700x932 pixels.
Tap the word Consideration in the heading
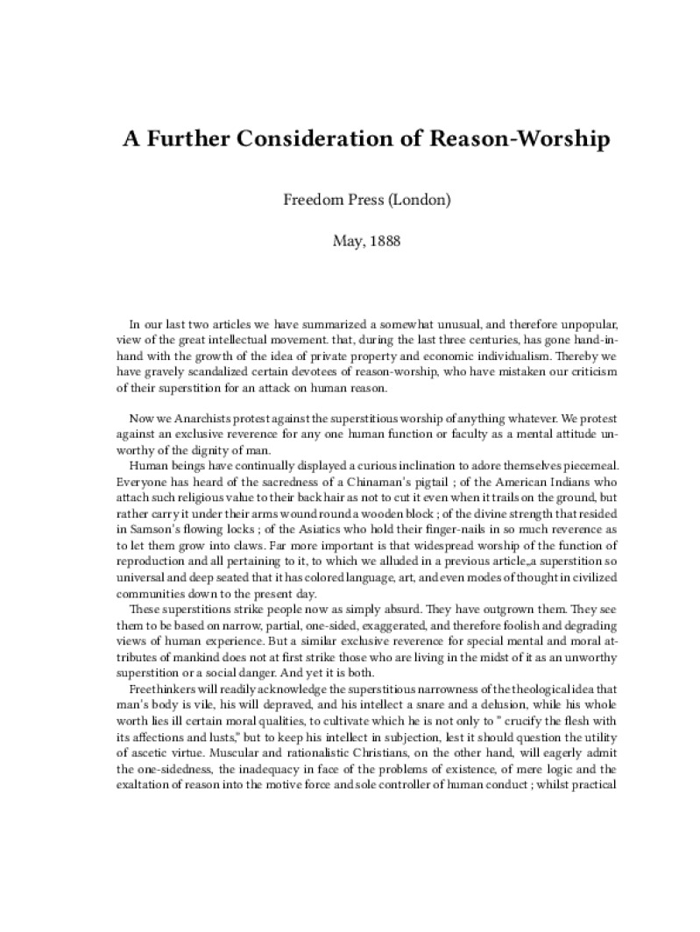(x=328, y=139)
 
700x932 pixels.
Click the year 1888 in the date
(x=384, y=240)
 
